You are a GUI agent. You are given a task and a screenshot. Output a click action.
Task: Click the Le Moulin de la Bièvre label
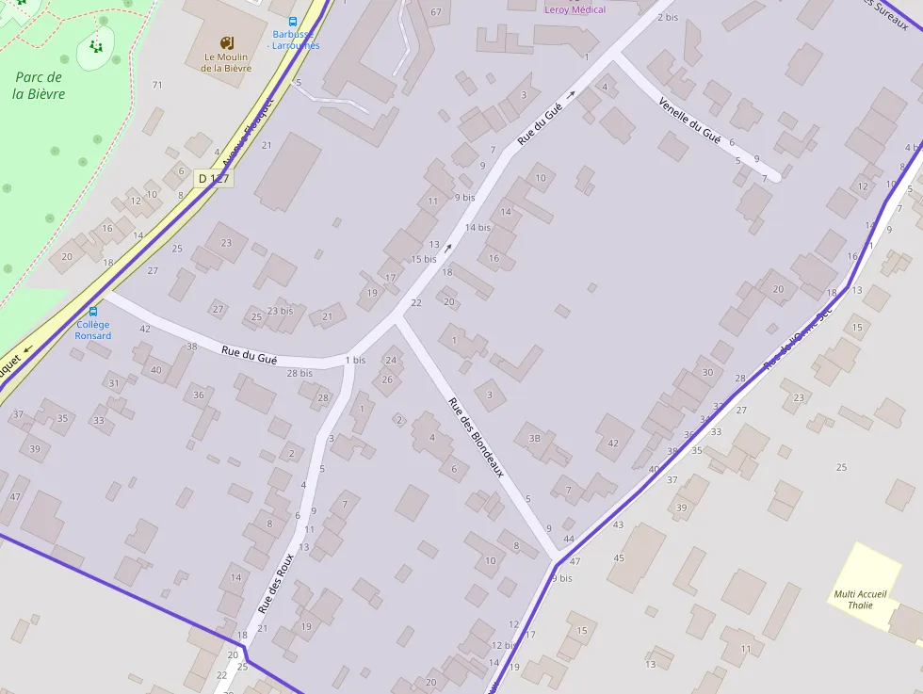pyautogui.click(x=226, y=62)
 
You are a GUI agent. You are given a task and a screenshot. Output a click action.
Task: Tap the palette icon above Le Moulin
pyautogui.click(x=225, y=42)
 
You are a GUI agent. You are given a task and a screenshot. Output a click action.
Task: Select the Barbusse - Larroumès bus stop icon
pyautogui.click(x=293, y=22)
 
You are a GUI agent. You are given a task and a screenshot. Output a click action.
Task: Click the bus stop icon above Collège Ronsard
pyautogui.click(x=93, y=312)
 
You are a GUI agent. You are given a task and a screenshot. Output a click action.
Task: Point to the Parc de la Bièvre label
pyautogui.click(x=39, y=85)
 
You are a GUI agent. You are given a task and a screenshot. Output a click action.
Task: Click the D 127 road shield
pyautogui.click(x=214, y=179)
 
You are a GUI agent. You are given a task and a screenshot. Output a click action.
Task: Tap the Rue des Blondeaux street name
pyautogui.click(x=476, y=437)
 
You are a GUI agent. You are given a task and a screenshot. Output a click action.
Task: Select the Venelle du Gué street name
pyautogui.click(x=690, y=121)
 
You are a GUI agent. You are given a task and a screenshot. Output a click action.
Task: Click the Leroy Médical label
pyautogui.click(x=575, y=9)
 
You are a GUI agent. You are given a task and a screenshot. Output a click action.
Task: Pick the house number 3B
pyautogui.click(x=535, y=438)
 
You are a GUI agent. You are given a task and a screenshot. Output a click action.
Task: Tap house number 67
pyautogui.click(x=435, y=11)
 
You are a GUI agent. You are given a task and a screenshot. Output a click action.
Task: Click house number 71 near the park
pyautogui.click(x=157, y=86)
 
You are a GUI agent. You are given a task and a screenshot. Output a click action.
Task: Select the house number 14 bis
pyautogui.click(x=478, y=227)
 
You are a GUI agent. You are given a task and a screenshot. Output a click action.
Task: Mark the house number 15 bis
pyautogui.click(x=424, y=259)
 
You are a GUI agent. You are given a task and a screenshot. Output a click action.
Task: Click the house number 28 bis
pyautogui.click(x=300, y=374)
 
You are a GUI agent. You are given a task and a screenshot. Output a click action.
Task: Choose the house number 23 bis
pyautogui.click(x=280, y=311)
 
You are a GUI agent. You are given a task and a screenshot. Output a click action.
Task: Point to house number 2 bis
pyautogui.click(x=668, y=17)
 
